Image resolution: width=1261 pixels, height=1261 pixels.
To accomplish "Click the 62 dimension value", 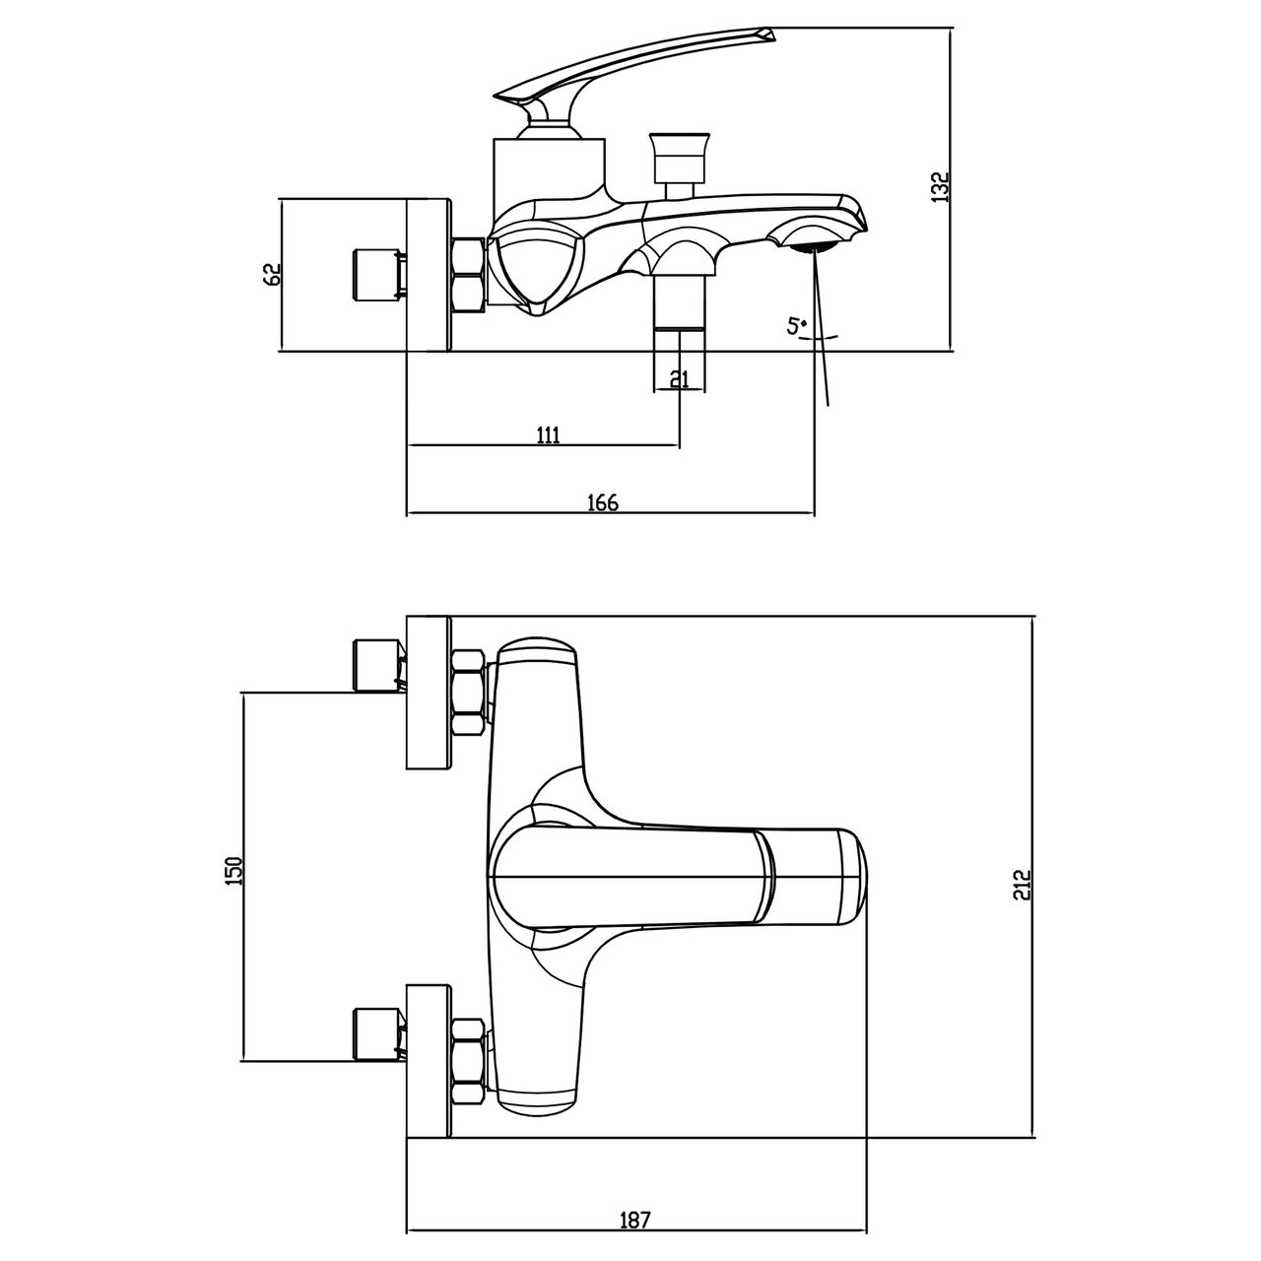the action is coord(271,274).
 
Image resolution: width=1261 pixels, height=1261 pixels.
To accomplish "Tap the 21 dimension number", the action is coord(680,378).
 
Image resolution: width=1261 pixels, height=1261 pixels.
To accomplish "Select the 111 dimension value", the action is coord(548,434).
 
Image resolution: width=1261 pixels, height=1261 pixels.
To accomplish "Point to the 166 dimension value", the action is coord(603,502).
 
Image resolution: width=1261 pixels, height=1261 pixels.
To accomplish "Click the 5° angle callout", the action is coord(797,326).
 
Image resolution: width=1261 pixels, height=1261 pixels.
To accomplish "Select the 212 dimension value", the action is coord(1023,884).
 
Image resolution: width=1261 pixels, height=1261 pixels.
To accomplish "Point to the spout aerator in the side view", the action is coord(814,247).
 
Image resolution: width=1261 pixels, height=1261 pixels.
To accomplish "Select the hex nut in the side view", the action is coord(469,276).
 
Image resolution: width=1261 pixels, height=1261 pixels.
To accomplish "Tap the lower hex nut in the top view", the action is coord(469,1060).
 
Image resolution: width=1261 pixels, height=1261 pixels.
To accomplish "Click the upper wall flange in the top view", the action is coord(430,693).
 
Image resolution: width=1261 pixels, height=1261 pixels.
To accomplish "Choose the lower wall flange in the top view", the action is coord(430,1061).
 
